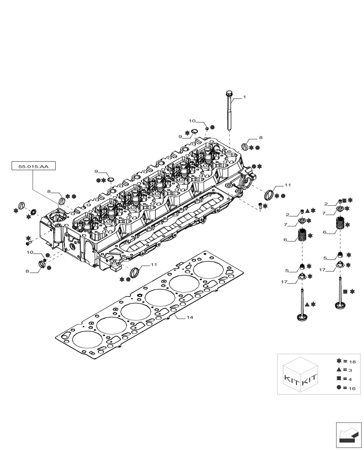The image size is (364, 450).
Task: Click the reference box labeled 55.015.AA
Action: (x=33, y=166)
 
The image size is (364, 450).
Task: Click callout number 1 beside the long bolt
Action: (x=245, y=97)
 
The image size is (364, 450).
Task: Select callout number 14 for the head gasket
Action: (x=190, y=318)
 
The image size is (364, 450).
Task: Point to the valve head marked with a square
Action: (x=340, y=307)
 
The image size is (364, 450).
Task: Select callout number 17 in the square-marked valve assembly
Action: (x=323, y=270)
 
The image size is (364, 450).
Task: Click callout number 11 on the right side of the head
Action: (x=287, y=185)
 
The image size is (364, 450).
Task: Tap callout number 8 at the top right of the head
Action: (x=260, y=138)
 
